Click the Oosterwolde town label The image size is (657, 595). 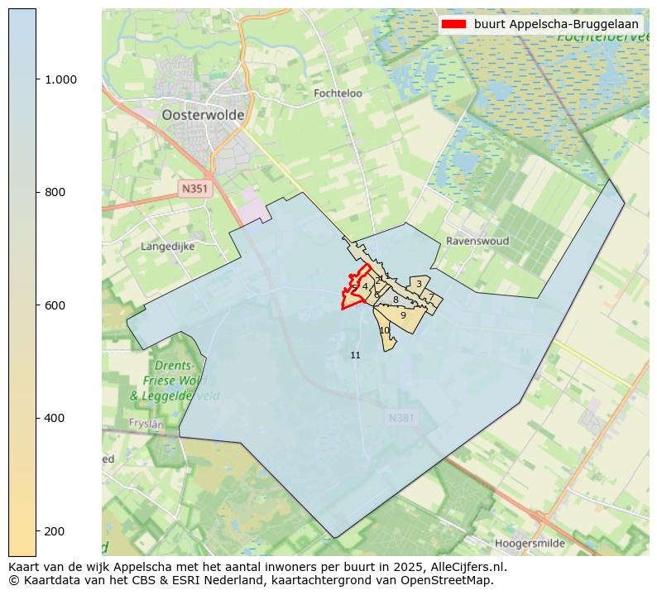203,115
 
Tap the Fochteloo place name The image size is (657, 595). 338,94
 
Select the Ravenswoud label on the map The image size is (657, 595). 477,241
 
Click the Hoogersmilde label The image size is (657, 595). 530,544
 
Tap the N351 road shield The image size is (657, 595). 195,189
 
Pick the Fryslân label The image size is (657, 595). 146,423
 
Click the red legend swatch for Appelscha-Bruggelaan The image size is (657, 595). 454,24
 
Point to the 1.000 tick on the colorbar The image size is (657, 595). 60,79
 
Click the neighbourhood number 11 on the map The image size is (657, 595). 355,355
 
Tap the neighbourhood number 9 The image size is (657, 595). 403,315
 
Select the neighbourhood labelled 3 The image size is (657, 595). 419,284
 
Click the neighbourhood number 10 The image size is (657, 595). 384,330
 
